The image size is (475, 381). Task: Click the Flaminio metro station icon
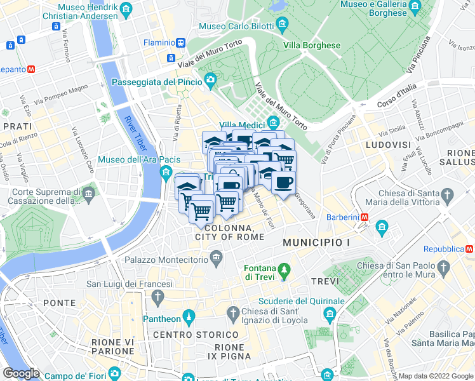[182, 43]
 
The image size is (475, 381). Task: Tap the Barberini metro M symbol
[365, 217]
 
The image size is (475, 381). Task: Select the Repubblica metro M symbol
[470, 249]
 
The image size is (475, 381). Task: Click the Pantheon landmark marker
[188, 316]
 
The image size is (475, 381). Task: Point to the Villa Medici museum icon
[273, 123]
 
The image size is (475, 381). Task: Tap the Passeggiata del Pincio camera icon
[210, 81]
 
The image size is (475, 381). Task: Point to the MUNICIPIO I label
[316, 243]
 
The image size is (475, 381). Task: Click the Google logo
[22, 373]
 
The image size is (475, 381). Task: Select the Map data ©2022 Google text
[435, 376]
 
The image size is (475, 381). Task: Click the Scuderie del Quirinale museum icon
[330, 313]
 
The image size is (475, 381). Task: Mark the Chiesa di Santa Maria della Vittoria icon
[447, 194]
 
